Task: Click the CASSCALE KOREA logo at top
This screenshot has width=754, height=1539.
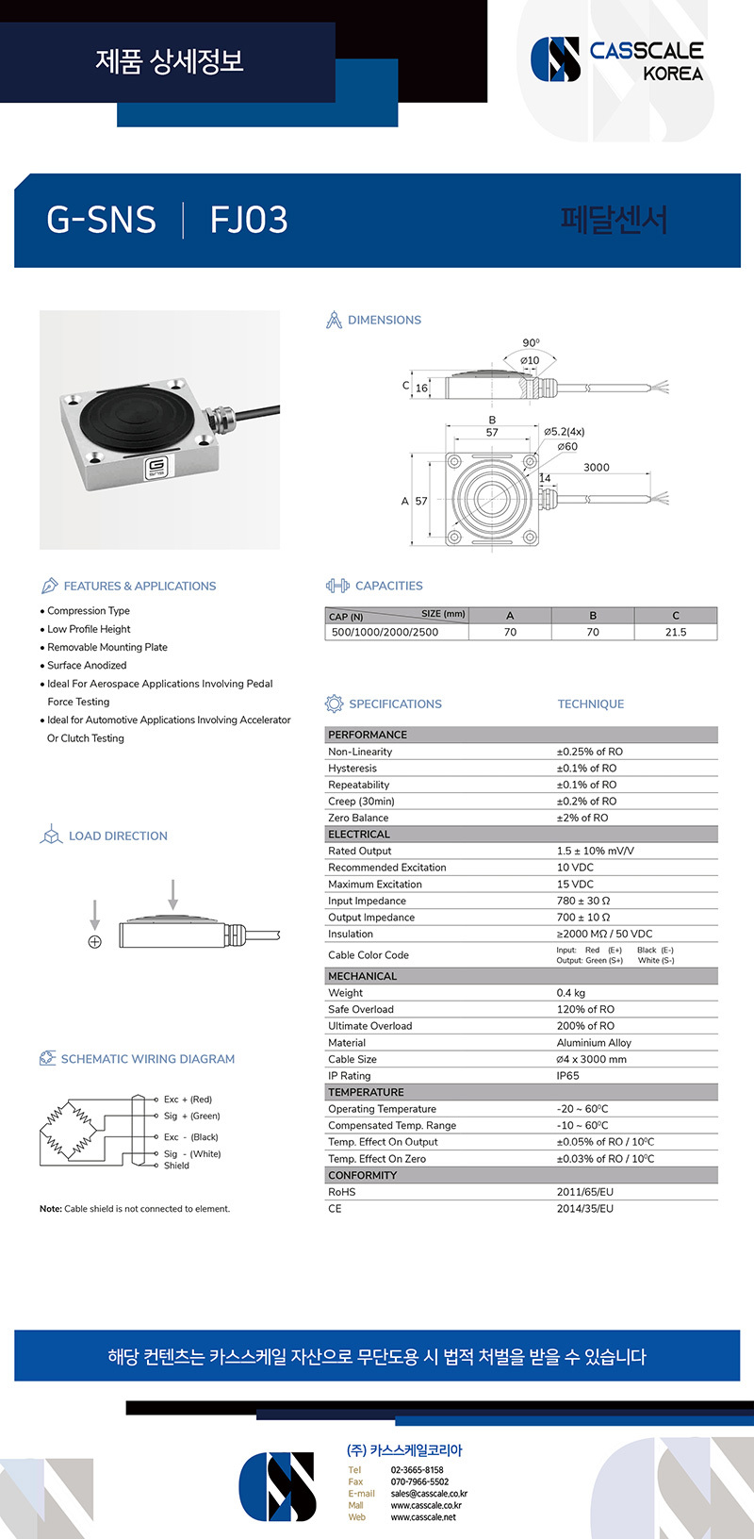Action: (617, 59)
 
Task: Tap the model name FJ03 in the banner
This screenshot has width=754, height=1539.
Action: (249, 220)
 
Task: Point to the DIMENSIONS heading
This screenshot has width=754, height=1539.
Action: (384, 320)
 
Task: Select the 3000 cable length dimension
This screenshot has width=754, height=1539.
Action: (596, 467)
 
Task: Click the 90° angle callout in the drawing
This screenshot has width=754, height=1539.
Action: (531, 343)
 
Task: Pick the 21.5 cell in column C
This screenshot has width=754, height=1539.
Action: (675, 632)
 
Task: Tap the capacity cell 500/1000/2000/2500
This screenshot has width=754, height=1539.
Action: (385, 632)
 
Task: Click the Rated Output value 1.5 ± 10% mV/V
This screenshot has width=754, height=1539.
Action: (595, 851)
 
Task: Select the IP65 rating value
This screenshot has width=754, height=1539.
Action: (568, 1075)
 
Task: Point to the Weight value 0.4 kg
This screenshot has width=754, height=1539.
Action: (570, 992)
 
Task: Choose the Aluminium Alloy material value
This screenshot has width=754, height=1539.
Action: (594, 1042)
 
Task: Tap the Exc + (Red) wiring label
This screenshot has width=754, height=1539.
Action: (188, 1100)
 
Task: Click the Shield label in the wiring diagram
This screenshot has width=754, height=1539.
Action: (176, 1166)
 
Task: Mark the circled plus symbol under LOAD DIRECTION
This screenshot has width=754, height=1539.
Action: (94, 942)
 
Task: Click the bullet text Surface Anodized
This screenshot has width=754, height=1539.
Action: (87, 665)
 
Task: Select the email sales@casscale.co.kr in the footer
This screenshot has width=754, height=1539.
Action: (429, 1494)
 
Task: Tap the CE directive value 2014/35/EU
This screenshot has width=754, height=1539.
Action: (584, 1208)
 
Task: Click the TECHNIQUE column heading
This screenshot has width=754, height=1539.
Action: (590, 703)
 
